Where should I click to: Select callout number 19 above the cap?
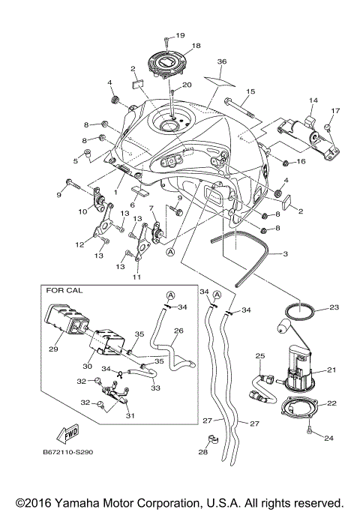click(x=180, y=35)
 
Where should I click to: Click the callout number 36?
click(x=221, y=61)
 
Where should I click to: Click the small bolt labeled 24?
click(x=310, y=430)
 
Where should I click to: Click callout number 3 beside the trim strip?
click(x=284, y=254)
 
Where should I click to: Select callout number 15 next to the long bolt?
click(x=250, y=91)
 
